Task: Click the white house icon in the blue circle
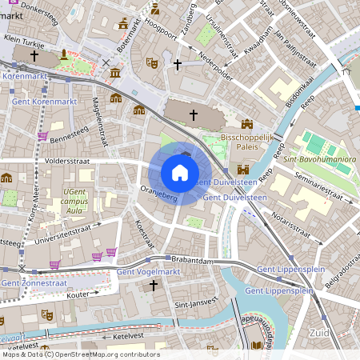click(x=179, y=173)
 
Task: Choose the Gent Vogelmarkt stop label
click(x=149, y=272)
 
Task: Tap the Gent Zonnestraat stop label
click(x=34, y=282)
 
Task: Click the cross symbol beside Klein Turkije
click(x=34, y=55)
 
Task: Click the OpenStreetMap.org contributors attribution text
click(x=106, y=354)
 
